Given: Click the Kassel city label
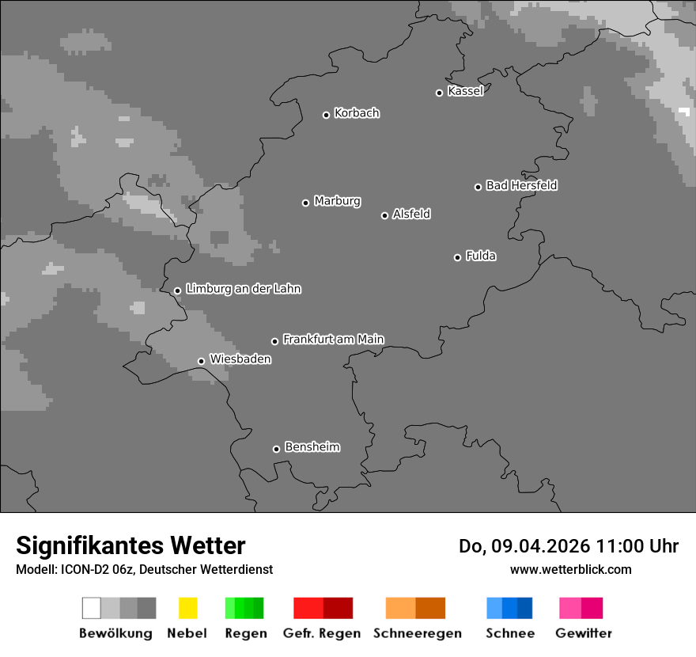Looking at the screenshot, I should point(465,91).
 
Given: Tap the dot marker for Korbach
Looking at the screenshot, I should point(326,115).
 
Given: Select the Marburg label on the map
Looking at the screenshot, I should point(337,201).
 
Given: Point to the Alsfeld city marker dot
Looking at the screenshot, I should point(384,215).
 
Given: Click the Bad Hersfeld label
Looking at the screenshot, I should point(521,185).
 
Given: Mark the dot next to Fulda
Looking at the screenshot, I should point(457,257).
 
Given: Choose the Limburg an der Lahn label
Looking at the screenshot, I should point(243,289).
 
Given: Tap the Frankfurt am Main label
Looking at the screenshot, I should point(333,340).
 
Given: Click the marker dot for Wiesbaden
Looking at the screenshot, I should point(201,361).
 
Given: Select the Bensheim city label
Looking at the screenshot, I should point(312,447).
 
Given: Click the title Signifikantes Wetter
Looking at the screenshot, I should point(130,545).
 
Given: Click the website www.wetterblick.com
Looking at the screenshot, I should point(570,569).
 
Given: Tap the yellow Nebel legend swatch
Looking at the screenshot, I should point(187,608).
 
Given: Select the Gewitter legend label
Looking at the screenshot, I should point(584,633).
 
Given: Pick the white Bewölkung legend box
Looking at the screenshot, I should point(91,608).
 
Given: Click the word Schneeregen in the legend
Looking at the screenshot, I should point(418,633).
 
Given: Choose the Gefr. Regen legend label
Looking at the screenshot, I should point(321,633).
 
